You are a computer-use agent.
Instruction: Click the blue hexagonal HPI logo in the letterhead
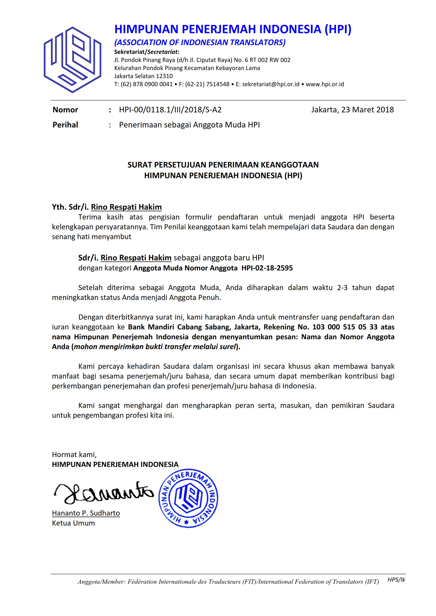pos(72,60)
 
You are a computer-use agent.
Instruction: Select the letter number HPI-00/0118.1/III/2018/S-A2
pos(170,110)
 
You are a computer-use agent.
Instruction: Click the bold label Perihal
pos(65,125)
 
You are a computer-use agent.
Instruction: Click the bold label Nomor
pos(65,110)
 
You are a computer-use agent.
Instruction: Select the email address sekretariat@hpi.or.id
pos(270,84)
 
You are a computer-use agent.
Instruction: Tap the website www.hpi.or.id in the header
pos(325,84)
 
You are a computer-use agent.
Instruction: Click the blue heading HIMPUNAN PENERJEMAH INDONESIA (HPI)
pos(233,29)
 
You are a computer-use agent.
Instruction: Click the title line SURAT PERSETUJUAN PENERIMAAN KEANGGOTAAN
pos(223,165)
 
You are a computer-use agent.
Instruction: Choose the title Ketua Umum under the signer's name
pos(73,523)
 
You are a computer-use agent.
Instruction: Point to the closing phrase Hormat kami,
pos(74,454)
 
